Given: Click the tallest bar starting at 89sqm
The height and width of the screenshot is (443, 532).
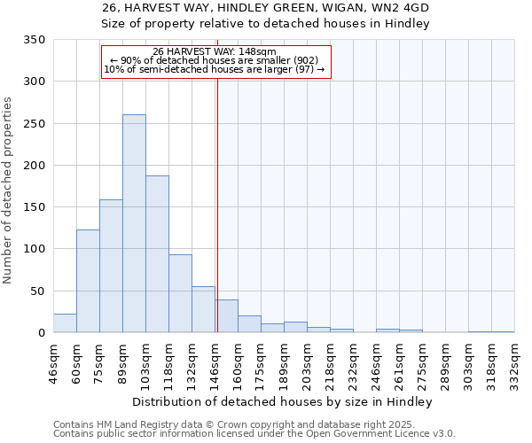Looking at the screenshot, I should pos(134,223).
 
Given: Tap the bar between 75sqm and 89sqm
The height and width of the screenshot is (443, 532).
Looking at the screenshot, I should pos(111,266).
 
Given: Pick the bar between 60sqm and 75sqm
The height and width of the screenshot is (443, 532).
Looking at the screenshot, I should pos(88,281).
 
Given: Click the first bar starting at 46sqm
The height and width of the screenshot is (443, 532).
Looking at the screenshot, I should pos(65,323).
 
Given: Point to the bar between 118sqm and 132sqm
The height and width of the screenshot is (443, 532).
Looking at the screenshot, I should pos(180,293).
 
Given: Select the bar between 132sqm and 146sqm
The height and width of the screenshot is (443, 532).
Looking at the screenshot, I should pos(203,309).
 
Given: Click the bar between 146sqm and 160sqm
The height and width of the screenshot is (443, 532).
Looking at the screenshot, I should pos(226,316).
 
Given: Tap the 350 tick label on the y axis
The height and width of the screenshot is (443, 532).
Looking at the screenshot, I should pos(35,40).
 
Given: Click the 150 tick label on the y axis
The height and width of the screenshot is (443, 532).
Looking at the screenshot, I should pos(35,207).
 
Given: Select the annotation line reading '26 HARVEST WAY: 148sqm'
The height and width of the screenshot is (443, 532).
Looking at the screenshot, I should pos(215,51).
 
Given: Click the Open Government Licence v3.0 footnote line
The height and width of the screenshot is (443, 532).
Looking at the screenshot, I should pos(254,434).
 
